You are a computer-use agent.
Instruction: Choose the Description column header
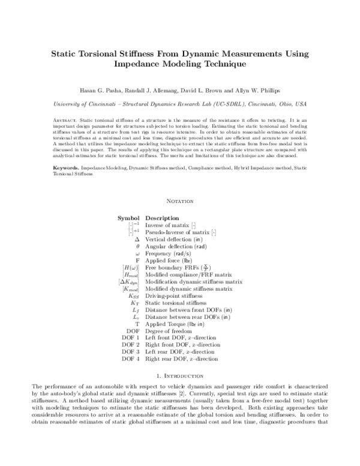pos(163,218)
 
